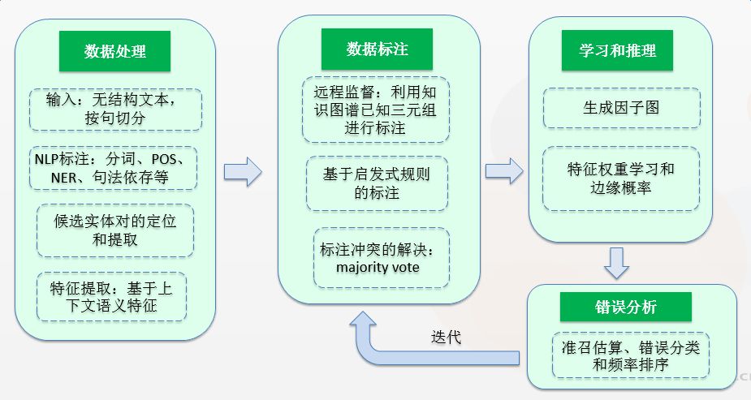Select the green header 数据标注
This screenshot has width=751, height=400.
pyautogui.click(x=377, y=49)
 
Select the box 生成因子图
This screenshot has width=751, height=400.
pyautogui.click(x=621, y=107)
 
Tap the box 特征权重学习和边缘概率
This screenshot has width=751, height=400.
pyautogui.click(x=620, y=178)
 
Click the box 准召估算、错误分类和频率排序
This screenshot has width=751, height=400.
pyautogui.click(x=630, y=354)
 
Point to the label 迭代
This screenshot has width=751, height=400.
pyautogui.click(x=445, y=337)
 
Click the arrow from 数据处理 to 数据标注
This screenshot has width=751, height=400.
pyautogui.click(x=243, y=171)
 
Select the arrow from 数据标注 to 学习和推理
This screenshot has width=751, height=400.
pyautogui.click(x=503, y=171)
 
